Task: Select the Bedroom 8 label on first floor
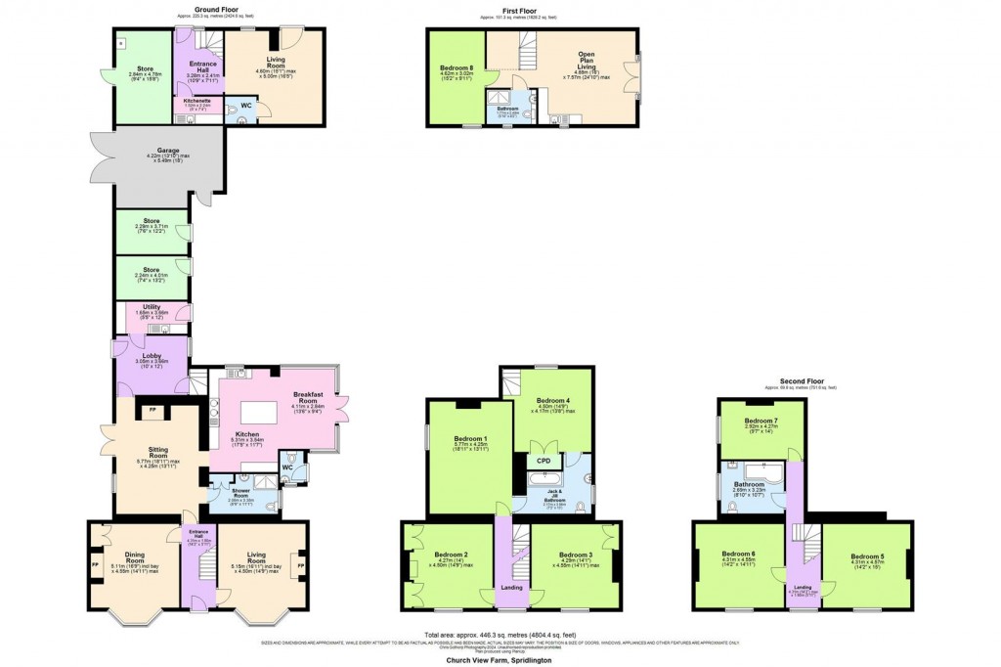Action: click(457, 68)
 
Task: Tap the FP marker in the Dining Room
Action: click(95, 565)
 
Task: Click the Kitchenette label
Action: click(197, 99)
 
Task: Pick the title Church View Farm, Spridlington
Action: click(500, 658)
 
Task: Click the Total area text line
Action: click(500, 634)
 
